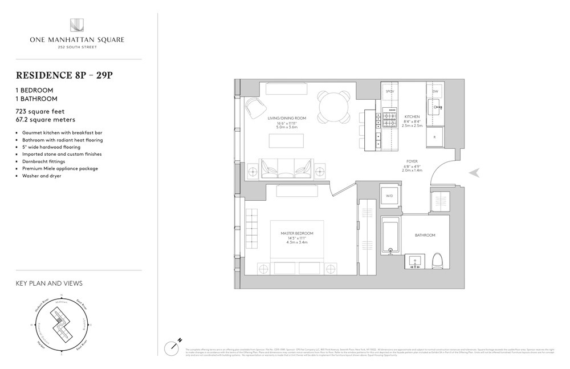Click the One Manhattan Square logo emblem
tap(77, 26)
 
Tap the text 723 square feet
tap(43, 112)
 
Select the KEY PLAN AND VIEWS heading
tap(49, 283)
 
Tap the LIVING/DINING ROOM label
tap(287, 118)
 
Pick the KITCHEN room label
tap(412, 116)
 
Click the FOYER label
tap(412, 161)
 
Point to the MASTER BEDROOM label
tap(297, 234)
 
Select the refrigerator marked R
tap(435, 137)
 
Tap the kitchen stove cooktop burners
tap(389, 119)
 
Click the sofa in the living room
tap(286, 168)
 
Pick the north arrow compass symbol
tap(173, 346)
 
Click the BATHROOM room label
tap(425, 235)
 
